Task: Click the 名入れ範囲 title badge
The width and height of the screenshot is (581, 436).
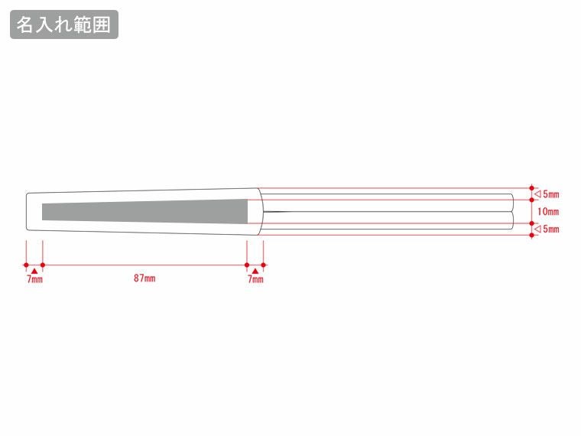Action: point(64,24)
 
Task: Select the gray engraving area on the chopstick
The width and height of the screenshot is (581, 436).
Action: point(145,211)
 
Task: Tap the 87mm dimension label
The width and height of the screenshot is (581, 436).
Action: point(144,278)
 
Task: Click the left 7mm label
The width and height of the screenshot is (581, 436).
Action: point(34,279)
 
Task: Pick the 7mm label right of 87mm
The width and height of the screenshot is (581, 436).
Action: point(255,279)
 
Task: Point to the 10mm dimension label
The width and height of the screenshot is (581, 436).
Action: point(548,211)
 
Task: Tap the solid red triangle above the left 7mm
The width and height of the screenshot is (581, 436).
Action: point(34,270)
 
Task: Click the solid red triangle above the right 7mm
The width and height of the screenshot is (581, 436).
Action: point(255,270)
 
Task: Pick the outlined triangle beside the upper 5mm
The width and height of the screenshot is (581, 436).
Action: point(538,194)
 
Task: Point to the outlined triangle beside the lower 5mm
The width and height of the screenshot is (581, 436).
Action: point(538,229)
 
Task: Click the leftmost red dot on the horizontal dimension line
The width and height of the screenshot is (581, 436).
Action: point(26,265)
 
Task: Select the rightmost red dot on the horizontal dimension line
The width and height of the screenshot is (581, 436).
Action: point(264,265)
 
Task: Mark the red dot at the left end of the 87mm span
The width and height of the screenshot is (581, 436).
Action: point(42,265)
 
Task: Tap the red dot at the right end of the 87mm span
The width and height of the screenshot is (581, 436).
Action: point(247,265)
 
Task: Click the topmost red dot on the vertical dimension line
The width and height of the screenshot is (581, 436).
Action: point(532,187)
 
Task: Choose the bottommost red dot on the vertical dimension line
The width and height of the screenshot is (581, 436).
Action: point(532,235)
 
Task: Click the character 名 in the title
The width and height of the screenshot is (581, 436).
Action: point(26,24)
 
